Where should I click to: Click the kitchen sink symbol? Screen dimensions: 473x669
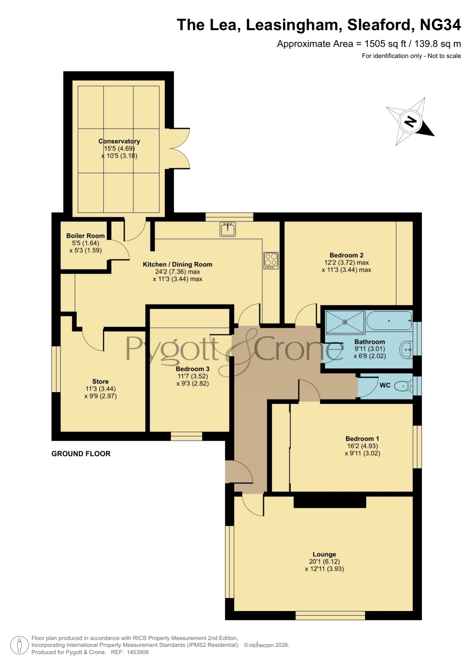pyautogui.click(x=228, y=229)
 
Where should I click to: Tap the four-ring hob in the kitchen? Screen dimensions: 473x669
pyautogui.click(x=271, y=260)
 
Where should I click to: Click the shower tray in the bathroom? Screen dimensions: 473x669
pyautogui.click(x=345, y=322)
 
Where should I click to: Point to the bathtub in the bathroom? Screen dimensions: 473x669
pyautogui.click(x=389, y=321)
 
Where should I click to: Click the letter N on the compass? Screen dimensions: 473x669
pyautogui.click(x=410, y=122)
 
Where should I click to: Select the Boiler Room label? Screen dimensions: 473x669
pyautogui.click(x=85, y=236)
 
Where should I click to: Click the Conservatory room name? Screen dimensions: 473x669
pyautogui.click(x=119, y=141)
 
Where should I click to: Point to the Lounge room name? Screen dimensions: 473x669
pyautogui.click(x=324, y=554)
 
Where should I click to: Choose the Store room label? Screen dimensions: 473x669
pyautogui.click(x=100, y=382)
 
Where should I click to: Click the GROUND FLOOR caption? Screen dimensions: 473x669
pyautogui.click(x=81, y=454)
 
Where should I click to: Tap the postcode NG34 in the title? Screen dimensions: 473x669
pyautogui.click(x=440, y=25)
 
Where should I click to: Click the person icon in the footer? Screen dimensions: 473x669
pyautogui.click(x=19, y=645)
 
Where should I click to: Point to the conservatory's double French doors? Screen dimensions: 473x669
pyautogui.click(x=182, y=148)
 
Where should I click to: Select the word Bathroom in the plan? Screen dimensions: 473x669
pyautogui.click(x=370, y=342)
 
